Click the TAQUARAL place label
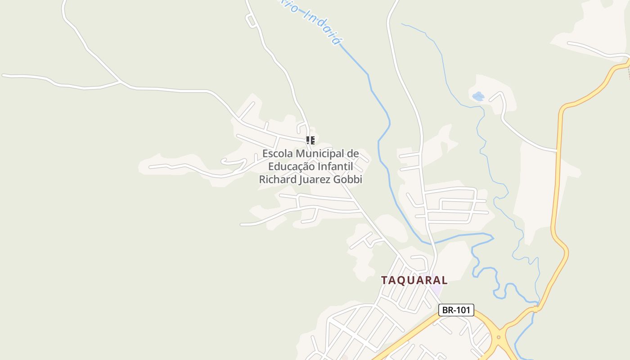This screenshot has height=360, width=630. (x=414, y=280)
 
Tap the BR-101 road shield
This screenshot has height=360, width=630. (x=456, y=310)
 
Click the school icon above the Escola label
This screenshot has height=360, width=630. (x=310, y=140)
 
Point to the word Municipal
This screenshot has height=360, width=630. (x=319, y=153)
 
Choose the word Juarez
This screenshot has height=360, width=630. (x=315, y=179)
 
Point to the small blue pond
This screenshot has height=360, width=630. (x=478, y=96)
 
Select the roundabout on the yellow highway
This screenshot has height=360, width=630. (x=499, y=337)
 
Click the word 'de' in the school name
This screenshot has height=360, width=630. (x=353, y=153)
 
